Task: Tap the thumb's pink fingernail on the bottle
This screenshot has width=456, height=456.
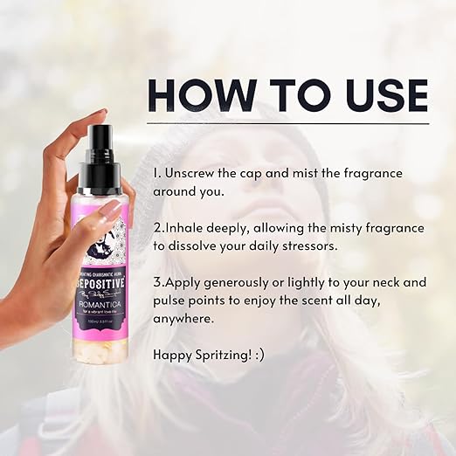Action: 110,210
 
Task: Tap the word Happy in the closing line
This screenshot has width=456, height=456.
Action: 173,355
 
